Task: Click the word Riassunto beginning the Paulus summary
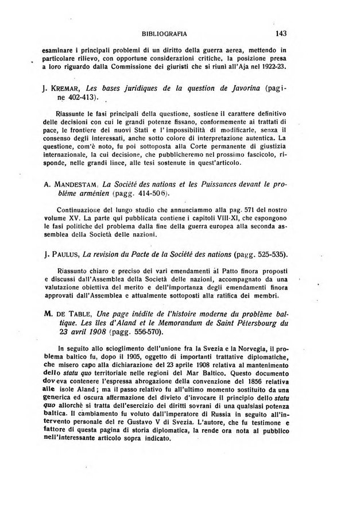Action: (x=74, y=270)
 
